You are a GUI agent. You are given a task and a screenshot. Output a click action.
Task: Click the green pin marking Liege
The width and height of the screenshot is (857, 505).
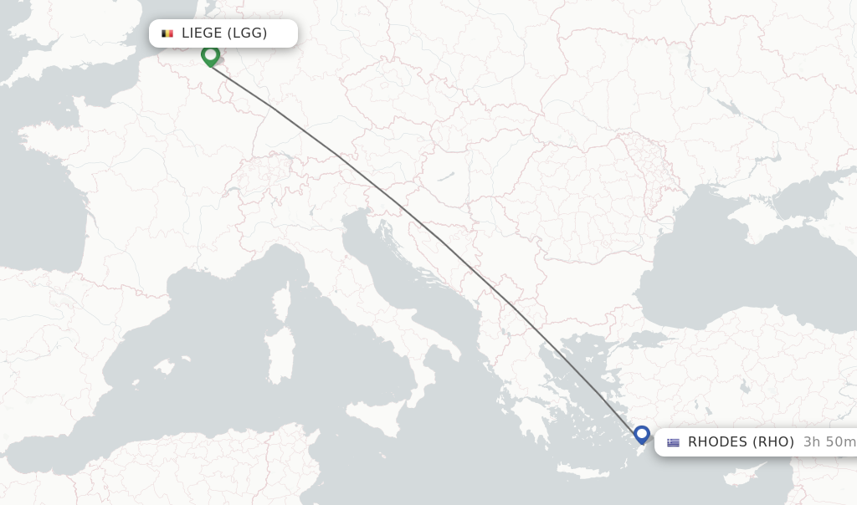pyautogui.click(x=210, y=55)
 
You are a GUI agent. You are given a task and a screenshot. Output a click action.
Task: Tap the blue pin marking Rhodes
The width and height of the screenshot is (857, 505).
pyautogui.click(x=642, y=434)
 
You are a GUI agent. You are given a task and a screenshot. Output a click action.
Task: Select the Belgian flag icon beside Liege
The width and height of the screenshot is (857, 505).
pyautogui.click(x=167, y=33)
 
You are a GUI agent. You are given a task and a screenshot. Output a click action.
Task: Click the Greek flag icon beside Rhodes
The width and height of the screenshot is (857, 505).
pyautogui.click(x=673, y=442)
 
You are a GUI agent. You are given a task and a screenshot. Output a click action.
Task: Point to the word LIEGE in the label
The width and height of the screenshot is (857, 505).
pyautogui.click(x=202, y=33)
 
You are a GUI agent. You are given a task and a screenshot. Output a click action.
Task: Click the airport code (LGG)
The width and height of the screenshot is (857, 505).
pyautogui.click(x=247, y=33)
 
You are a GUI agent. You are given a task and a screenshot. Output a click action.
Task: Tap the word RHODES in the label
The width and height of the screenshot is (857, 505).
pyautogui.click(x=716, y=442)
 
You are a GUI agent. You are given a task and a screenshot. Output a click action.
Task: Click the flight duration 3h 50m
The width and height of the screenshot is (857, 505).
pyautogui.click(x=829, y=442)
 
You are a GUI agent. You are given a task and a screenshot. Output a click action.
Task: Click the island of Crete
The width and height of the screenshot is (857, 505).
pyautogui.click(x=586, y=472)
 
